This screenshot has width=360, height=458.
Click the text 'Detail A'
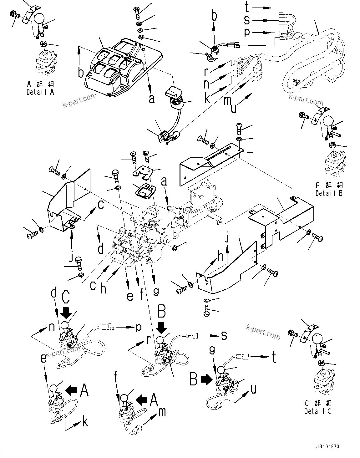coord(40,92)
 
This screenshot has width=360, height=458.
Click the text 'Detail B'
coord(329,193)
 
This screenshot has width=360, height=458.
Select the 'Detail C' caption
coord(317,411)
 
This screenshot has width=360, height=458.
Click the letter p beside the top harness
coord(247,32)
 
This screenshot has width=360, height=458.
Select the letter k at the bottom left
coord(84,422)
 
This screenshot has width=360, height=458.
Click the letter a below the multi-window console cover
coord(152,99)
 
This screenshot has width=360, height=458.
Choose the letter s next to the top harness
coord(247,20)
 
